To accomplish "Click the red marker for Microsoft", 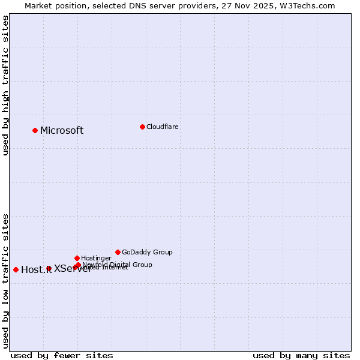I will [35, 130].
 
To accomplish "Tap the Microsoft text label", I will [62, 131].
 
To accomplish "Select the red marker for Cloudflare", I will [142, 127].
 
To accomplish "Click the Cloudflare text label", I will [163, 127].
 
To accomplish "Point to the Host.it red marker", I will [16, 269].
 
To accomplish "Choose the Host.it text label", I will [36, 270].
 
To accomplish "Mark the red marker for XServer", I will [49, 268].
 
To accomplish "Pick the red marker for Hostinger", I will [77, 258].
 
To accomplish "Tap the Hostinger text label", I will [97, 259].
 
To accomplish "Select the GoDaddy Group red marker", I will [118, 252].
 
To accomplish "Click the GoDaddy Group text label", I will [147, 253].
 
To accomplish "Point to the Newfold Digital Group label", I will [118, 265].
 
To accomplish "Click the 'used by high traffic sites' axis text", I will [6, 85].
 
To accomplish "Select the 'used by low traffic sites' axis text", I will [6, 281].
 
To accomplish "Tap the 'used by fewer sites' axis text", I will [62, 356].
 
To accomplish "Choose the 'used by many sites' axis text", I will [301, 356].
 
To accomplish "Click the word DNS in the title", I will [144, 6].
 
